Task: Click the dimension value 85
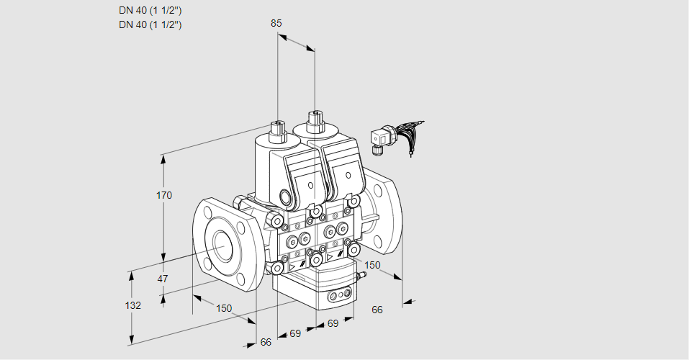click(276, 23)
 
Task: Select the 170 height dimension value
click(164, 196)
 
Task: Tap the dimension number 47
click(163, 279)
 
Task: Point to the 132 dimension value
click(132, 305)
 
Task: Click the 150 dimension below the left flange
click(224, 308)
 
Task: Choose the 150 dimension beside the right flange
click(371, 266)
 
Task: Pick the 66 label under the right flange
click(377, 310)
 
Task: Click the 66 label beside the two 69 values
click(266, 342)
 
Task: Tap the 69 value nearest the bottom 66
click(295, 333)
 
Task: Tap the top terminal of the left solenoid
click(276, 129)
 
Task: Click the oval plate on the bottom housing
click(340, 296)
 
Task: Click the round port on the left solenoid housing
click(287, 197)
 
